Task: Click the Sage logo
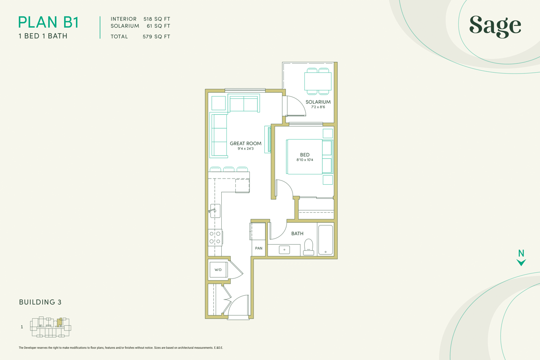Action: (495, 26)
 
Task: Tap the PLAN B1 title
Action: (49, 22)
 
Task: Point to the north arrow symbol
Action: (521, 258)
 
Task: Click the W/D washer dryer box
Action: (218, 270)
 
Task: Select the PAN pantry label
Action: (259, 248)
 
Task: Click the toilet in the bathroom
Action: (309, 247)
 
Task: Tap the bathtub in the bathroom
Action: (325, 240)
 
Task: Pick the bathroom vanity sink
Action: (285, 249)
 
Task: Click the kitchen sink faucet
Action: (212, 210)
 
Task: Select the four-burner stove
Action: (215, 238)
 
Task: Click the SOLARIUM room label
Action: (318, 102)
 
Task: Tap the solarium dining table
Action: (318, 81)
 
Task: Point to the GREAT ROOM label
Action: (246, 143)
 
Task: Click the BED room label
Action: (305, 155)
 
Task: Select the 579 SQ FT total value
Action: (157, 37)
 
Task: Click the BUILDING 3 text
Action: (40, 302)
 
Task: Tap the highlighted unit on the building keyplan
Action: (60, 322)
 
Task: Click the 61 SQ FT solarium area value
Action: (158, 26)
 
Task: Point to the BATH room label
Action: (297, 233)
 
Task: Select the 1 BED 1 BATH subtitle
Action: (43, 36)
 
